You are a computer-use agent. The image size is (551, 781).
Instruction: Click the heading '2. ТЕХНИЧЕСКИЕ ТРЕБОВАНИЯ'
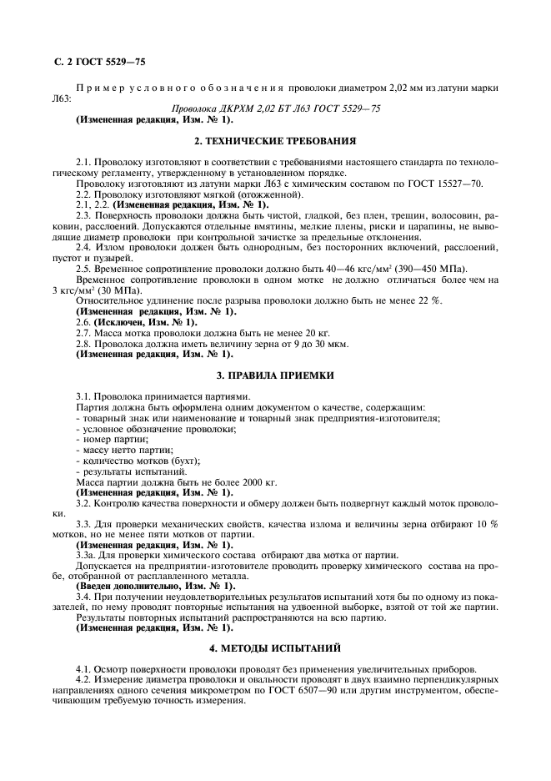click(x=275, y=141)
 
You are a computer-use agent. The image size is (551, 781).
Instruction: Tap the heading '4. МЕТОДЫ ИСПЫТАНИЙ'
click(x=275, y=647)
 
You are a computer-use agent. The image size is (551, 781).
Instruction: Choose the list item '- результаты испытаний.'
click(x=125, y=471)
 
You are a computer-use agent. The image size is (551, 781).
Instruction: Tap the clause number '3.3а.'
click(x=88, y=555)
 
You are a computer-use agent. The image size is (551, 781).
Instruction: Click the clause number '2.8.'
click(x=84, y=343)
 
